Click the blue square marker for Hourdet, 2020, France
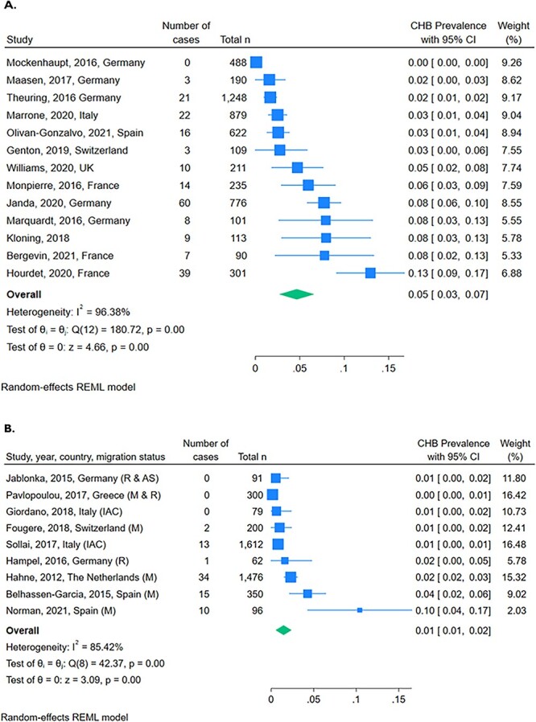(x=370, y=273)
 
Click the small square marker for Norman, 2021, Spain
(x=360, y=588)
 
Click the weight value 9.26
(x=511, y=62)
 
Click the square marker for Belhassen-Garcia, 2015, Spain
(x=307, y=570)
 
